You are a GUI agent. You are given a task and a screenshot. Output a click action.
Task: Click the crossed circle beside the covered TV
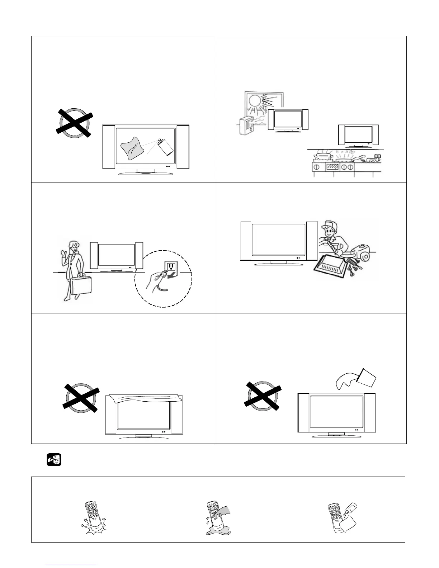tap(81, 398)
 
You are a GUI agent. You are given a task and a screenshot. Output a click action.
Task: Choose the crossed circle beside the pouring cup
tap(263, 396)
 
